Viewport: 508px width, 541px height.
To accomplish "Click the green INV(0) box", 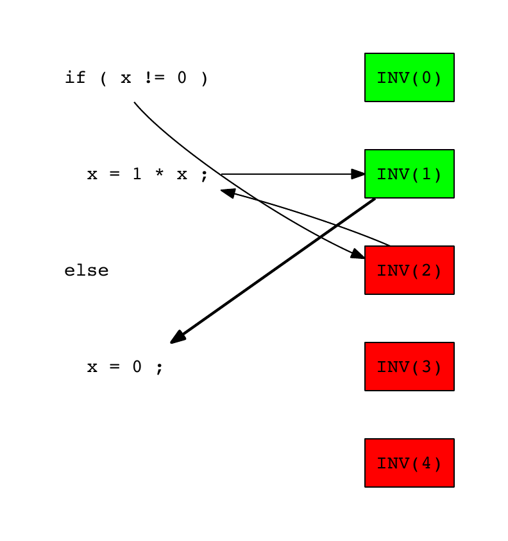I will tap(409, 78).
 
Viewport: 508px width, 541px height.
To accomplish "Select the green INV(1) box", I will tap(409, 174).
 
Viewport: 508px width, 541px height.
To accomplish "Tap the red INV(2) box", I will tap(409, 270).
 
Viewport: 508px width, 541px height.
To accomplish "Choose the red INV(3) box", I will tap(409, 367).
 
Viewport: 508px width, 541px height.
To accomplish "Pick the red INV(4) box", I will tap(409, 463).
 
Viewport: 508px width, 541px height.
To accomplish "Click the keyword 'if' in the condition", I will tap(75, 78).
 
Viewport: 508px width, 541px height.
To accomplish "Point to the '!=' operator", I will tap(153, 78).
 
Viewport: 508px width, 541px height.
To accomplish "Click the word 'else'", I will tap(87, 271).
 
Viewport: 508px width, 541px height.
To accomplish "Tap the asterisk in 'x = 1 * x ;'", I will tap(159, 175).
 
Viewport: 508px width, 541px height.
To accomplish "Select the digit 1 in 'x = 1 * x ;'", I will tap(137, 175).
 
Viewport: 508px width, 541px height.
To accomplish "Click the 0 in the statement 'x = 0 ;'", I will tap(137, 368).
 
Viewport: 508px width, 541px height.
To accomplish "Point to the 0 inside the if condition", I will tap(182, 78).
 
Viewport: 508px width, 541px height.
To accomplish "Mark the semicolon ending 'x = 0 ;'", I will tap(159, 369).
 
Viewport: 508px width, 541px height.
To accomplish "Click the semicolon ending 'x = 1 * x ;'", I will tap(204, 176).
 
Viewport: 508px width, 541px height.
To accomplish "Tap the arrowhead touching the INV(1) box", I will tap(358, 174).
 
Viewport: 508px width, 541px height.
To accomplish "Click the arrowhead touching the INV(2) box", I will tap(357, 254).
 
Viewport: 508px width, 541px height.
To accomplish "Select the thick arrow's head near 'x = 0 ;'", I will tap(178, 337).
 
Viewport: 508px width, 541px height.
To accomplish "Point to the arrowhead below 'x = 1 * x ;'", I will tap(228, 192).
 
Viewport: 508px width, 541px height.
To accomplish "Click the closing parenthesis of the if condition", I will tap(204, 78).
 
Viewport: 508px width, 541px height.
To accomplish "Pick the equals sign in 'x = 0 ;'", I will tap(115, 368).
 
